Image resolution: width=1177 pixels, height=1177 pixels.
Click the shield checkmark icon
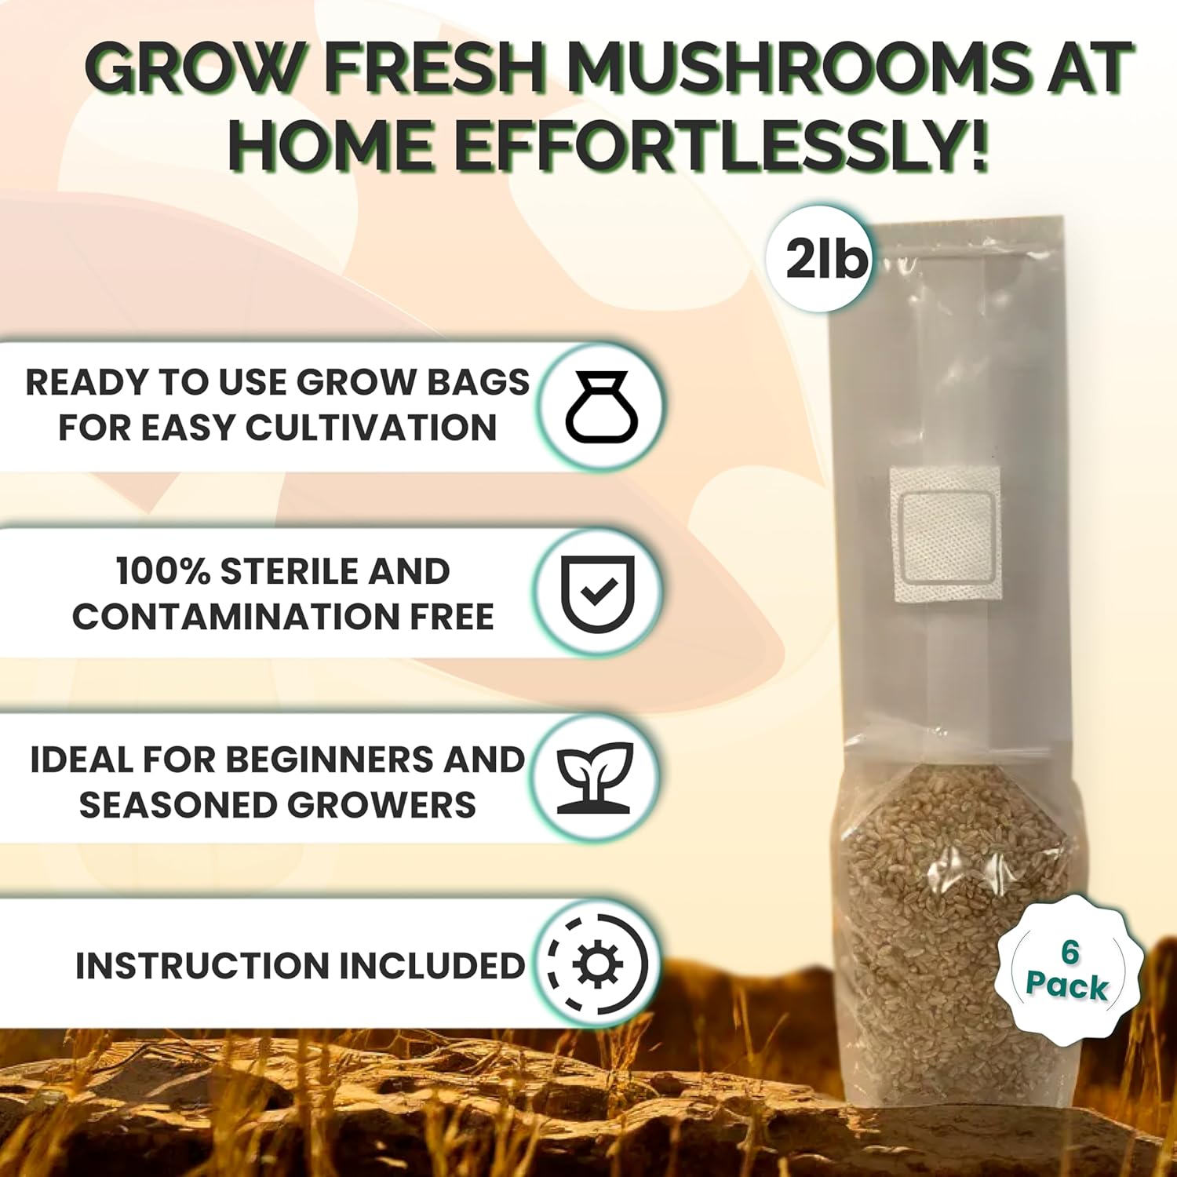point(599,594)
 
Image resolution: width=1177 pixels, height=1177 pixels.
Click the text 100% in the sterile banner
point(162,572)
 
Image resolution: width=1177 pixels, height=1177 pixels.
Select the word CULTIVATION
point(371,428)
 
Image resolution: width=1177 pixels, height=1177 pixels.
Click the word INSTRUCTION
point(202,966)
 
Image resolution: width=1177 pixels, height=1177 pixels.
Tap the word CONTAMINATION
point(235,617)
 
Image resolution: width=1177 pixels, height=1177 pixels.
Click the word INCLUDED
point(432,966)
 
